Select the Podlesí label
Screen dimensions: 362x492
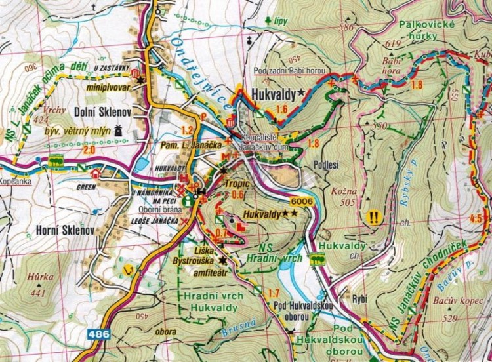(326, 165)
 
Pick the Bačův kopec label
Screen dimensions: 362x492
(453, 301)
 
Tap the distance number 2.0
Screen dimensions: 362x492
(89, 150)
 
